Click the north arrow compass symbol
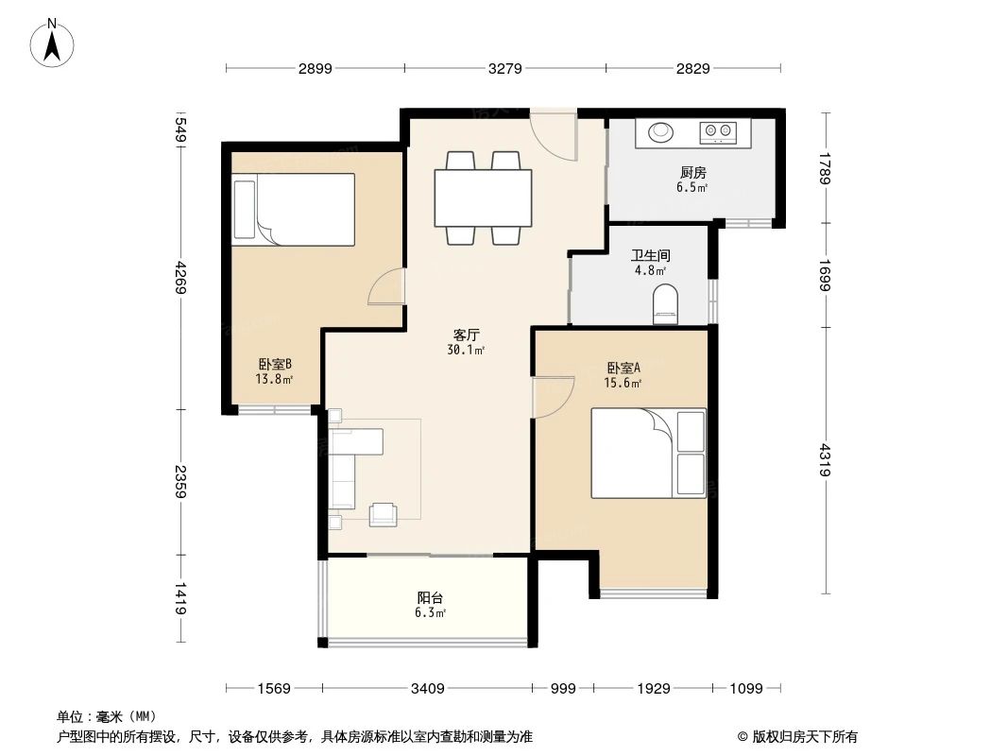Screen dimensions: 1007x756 [x=52, y=43]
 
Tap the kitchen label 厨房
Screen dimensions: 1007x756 [x=693, y=172]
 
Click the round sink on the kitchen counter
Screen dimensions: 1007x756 [x=660, y=131]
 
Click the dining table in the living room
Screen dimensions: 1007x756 [x=483, y=198]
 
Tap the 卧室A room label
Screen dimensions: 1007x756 [x=623, y=368]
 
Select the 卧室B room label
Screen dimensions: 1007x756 [x=275, y=364]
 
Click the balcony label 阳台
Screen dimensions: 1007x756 [x=430, y=597]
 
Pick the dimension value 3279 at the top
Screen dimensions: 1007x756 [x=504, y=68]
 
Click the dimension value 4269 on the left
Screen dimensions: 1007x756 [x=180, y=277]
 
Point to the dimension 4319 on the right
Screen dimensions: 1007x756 [x=825, y=460]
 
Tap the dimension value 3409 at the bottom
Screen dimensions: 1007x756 [x=427, y=689]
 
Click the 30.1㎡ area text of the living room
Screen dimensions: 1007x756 [x=466, y=350]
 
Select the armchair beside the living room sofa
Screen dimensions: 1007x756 [x=383, y=514]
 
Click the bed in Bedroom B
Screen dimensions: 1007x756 [x=294, y=210]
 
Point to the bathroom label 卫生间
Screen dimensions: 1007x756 [x=651, y=256]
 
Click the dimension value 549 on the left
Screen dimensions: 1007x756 [x=180, y=129]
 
